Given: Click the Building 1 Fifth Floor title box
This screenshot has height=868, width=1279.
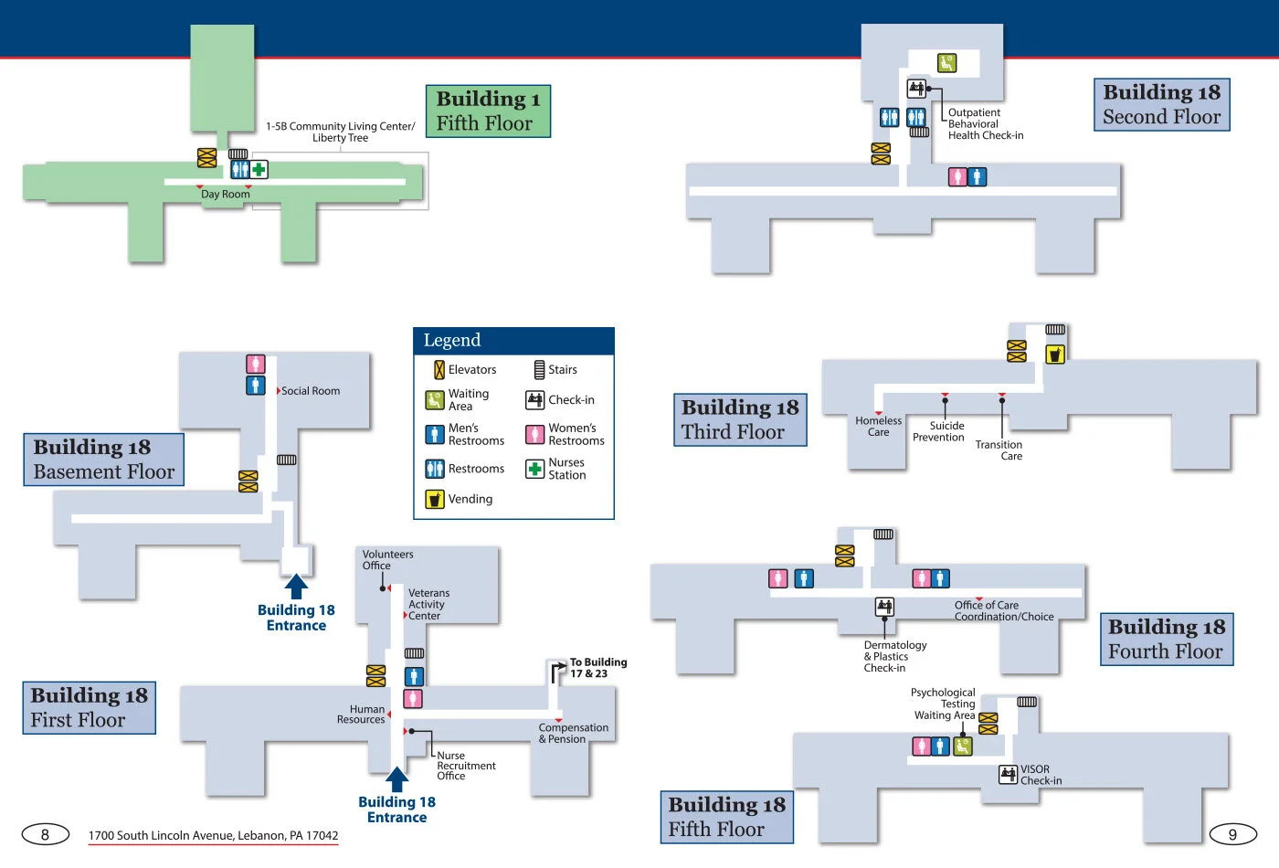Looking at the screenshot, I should (x=488, y=111).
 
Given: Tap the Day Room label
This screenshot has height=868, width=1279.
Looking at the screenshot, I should (x=225, y=195).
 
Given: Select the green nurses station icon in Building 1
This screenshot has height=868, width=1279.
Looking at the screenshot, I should (x=259, y=169).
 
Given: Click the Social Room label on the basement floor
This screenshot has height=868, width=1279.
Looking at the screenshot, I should (x=311, y=391).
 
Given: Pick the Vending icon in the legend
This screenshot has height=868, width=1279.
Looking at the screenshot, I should (x=435, y=499).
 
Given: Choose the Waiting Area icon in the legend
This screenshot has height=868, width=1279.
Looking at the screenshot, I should (x=435, y=400).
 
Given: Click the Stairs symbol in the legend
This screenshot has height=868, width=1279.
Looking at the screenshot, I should (x=539, y=370).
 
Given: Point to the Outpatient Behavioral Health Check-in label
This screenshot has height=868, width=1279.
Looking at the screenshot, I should (x=985, y=124).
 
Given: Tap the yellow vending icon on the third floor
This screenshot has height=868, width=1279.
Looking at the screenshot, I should (x=1054, y=355).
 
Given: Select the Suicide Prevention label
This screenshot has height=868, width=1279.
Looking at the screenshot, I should (x=939, y=431).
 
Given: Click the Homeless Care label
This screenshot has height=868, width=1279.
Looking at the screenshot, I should (x=878, y=427).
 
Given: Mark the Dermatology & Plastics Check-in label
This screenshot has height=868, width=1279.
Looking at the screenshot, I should (x=894, y=656).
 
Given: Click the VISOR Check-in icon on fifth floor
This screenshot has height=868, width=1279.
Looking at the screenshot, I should (x=1008, y=775).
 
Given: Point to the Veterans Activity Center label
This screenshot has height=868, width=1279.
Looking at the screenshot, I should (x=428, y=604).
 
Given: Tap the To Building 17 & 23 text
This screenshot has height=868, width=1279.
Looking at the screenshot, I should (x=597, y=668).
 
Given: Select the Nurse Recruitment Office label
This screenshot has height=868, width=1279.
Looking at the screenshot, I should (x=465, y=766).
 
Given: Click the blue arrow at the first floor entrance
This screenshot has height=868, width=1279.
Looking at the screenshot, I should (x=396, y=778).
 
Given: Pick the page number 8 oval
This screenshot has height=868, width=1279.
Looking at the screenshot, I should (x=45, y=834).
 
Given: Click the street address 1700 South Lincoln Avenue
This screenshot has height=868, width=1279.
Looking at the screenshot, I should (x=213, y=835).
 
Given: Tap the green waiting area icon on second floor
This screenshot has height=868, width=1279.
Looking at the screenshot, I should (x=946, y=63).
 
